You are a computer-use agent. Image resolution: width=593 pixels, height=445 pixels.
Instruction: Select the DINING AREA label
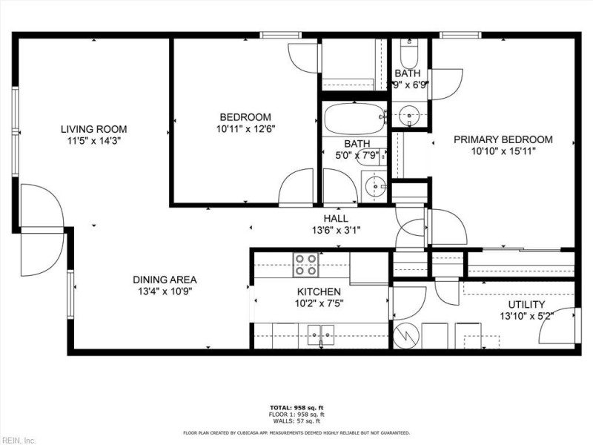pos(165,280)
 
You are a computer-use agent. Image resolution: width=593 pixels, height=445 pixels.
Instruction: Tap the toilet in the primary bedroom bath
pos(408,55)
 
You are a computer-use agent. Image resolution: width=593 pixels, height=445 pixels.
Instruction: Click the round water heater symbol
pos(406,335)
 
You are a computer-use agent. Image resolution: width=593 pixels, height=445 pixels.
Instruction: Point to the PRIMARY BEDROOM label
pos(503,139)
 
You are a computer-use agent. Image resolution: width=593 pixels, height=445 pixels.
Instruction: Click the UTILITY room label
pos(526,305)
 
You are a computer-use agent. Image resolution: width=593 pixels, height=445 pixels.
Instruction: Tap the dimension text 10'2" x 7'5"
pos(319,303)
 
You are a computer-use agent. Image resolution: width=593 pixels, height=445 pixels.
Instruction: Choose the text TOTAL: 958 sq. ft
pos(296,408)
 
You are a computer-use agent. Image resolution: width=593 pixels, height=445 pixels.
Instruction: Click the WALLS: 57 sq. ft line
pos(296,420)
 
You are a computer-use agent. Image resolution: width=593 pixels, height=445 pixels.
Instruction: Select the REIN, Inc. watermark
pos(19,439)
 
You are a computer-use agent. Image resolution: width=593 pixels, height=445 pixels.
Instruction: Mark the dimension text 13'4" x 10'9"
pos(165,291)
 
